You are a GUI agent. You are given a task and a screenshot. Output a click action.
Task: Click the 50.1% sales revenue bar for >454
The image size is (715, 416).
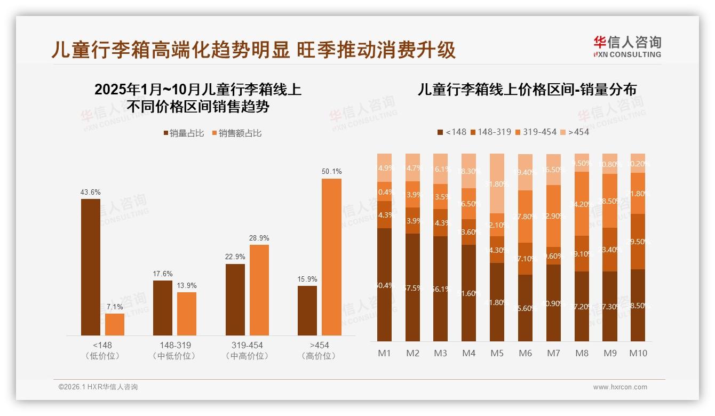point(331,257)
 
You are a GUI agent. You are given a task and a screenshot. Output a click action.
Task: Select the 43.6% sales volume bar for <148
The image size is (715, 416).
point(91,267)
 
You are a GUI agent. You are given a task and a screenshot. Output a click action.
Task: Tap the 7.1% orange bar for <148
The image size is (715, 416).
point(115,324)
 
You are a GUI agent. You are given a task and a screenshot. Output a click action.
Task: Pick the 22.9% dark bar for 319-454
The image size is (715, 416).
point(235,300)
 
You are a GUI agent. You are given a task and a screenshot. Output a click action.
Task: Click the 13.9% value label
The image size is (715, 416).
point(187,285)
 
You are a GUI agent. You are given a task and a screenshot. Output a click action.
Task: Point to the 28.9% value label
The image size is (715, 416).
point(259,238)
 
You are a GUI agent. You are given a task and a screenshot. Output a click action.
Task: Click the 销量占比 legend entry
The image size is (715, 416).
point(184,133)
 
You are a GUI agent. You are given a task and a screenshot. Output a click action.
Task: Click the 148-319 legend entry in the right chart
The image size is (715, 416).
point(490,132)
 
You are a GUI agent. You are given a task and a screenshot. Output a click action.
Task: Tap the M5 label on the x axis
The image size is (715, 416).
point(497,353)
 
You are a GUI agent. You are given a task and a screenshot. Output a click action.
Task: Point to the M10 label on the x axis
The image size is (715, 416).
point(638,353)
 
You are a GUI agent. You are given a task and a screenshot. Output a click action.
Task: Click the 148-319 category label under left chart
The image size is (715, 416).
point(175,345)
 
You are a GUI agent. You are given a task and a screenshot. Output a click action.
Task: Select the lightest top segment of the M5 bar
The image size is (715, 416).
point(497,184)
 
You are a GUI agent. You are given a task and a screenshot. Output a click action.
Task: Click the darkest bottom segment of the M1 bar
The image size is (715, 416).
point(384,285)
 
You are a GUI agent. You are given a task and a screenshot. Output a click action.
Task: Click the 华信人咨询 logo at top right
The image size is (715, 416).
point(627,46)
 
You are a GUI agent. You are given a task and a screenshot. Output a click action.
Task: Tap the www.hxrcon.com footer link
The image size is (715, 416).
point(620,387)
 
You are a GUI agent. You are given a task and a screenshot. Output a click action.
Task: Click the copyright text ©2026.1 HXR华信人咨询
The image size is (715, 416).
point(98,387)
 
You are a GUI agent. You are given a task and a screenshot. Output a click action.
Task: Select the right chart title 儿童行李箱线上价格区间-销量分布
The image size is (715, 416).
point(527,90)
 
